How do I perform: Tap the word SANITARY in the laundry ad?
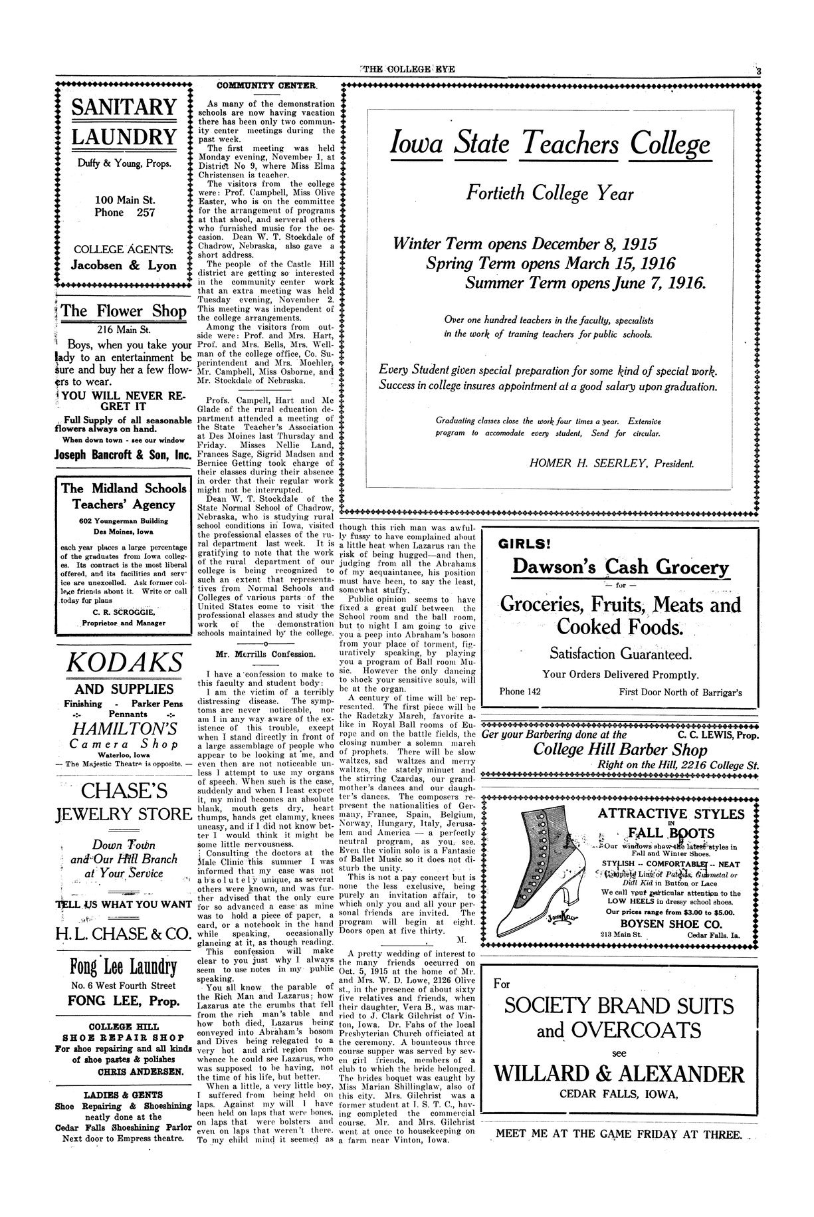click(x=124, y=107)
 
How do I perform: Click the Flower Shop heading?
click(x=124, y=310)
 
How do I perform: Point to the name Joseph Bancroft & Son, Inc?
click(x=123, y=456)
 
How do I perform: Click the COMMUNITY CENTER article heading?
click(x=267, y=86)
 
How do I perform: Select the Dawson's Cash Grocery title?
click(x=621, y=568)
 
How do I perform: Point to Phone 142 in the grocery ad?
click(x=520, y=692)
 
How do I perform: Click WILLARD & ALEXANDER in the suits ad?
click(x=619, y=1074)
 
